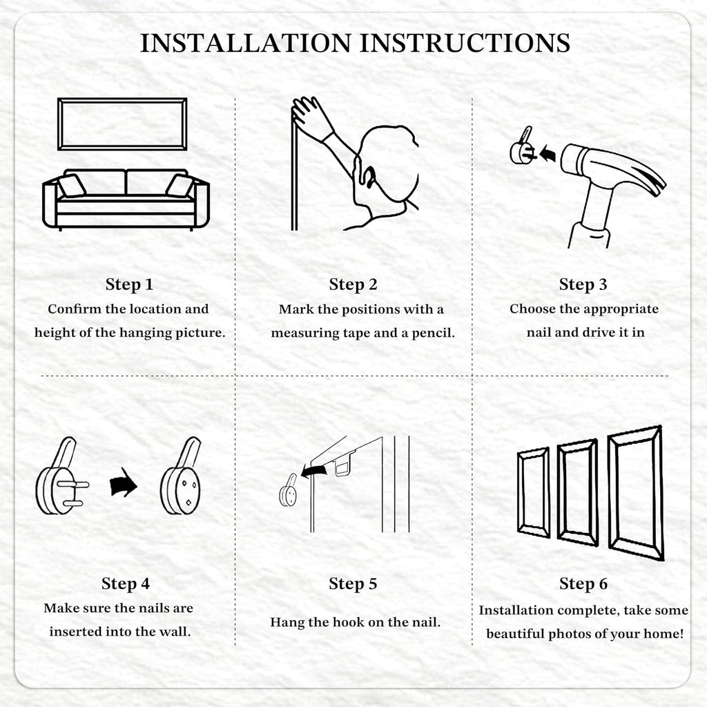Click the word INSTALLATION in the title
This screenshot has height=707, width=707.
[246, 43]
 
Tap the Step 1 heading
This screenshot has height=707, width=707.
[129, 284]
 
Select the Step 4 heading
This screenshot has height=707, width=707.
[126, 583]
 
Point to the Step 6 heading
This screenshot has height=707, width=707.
[583, 583]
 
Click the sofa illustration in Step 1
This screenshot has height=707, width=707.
[126, 200]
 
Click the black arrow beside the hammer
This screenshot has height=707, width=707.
[548, 153]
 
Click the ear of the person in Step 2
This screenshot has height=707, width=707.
[369, 177]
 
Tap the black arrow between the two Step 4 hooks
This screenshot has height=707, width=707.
[123, 482]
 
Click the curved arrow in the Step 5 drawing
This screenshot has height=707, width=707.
[314, 471]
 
